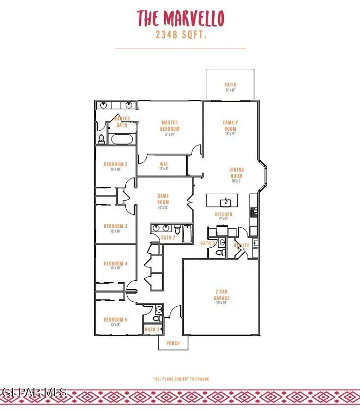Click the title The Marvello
tap(180, 18)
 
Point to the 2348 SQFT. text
tap(180, 35)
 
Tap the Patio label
tap(230, 85)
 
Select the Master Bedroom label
tap(169, 125)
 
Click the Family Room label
tap(230, 125)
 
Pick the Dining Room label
tap(236, 173)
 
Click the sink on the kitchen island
tap(226, 201)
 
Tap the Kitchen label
tap(223, 215)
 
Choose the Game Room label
tap(163, 199)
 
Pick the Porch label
tap(173, 343)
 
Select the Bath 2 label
tap(168, 238)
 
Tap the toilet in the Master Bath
tap(102, 139)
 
